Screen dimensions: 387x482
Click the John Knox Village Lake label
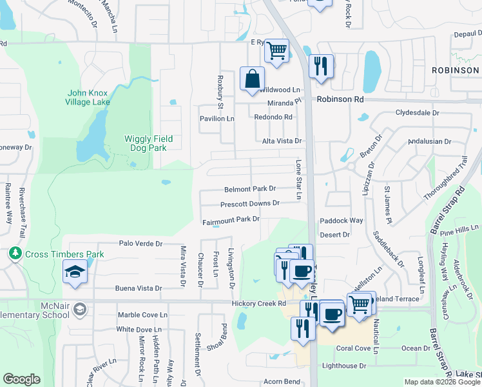pyautogui.click(x=87, y=97)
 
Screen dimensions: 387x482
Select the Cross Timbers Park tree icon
pyautogui.click(x=15, y=254)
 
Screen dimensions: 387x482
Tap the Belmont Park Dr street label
pyautogui.click(x=250, y=189)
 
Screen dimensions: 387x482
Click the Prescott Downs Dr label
pyautogui.click(x=249, y=204)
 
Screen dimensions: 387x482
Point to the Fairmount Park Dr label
pyautogui.click(x=231, y=220)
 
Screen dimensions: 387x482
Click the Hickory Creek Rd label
pyautogui.click(x=254, y=303)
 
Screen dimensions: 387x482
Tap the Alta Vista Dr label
pyautogui.click(x=282, y=141)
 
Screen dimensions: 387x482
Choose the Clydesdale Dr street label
pyautogui.click(x=417, y=112)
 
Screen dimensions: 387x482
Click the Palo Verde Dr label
pyautogui.click(x=140, y=244)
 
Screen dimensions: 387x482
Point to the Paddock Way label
pyautogui.click(x=342, y=221)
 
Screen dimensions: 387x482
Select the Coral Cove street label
pyautogui.click(x=353, y=348)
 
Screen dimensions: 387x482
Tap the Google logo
pyautogui.click(x=21, y=379)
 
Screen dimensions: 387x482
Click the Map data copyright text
pyautogui.click(x=442, y=382)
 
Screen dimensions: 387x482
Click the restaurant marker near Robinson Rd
pyautogui.click(x=320, y=66)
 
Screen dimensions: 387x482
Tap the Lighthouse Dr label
pyautogui.click(x=344, y=366)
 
